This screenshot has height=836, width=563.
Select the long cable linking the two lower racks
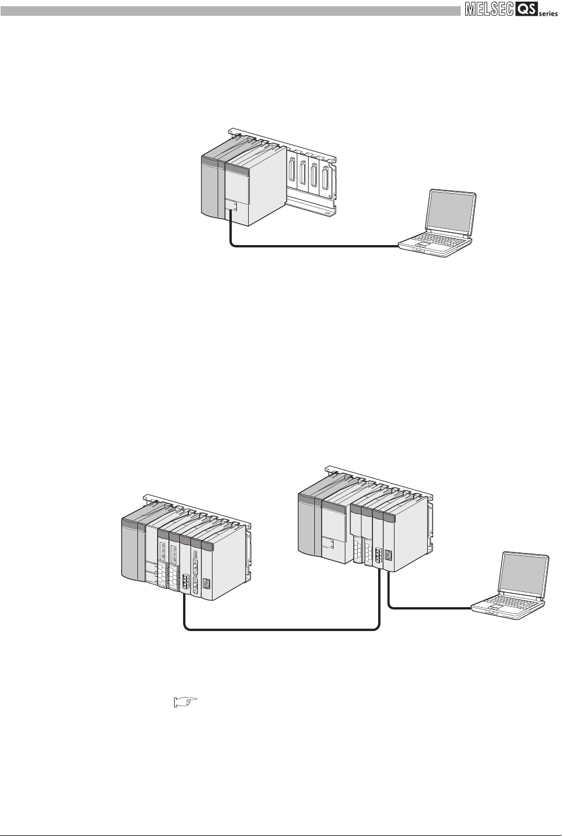(283, 628)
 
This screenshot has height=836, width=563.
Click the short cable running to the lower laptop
(430, 608)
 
